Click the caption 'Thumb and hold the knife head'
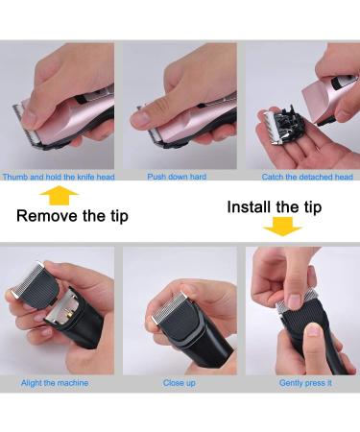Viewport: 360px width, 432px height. point(58,177)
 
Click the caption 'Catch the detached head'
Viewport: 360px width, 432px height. point(307,177)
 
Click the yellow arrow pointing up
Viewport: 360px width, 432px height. point(62,196)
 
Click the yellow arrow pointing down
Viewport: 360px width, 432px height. point(282,228)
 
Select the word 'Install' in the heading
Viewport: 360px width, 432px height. point(253,206)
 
